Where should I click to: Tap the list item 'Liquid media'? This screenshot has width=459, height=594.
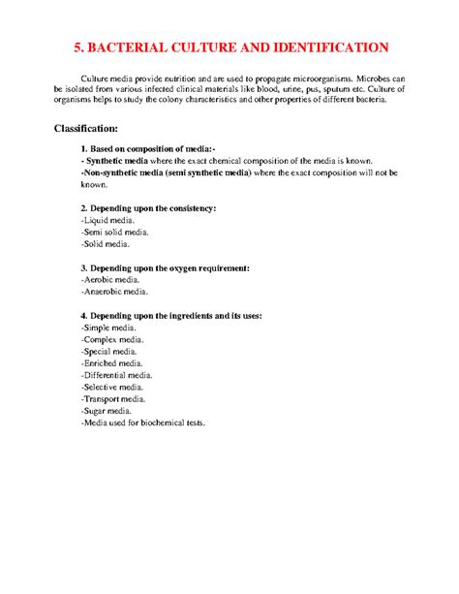coord(108,220)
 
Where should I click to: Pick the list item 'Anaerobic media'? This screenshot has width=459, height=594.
coord(114,291)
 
